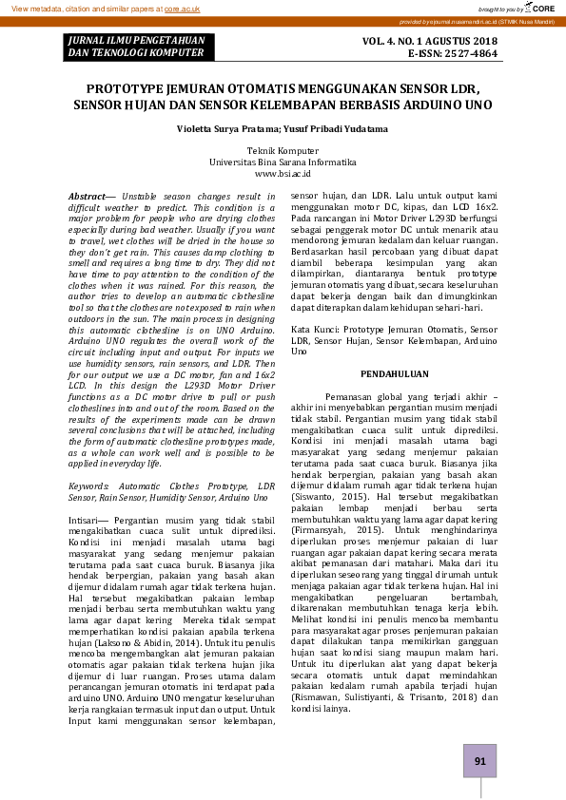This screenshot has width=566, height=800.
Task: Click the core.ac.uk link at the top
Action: [x=183, y=8]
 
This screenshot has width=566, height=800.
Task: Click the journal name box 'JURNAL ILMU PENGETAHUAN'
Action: [x=132, y=40]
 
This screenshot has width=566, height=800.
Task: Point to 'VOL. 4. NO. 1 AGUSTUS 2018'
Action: [x=430, y=41]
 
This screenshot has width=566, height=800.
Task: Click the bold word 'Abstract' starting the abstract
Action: [x=86, y=196]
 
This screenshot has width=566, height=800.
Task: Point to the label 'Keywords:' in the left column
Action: [x=88, y=486]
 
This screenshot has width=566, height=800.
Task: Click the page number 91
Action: [x=478, y=761]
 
